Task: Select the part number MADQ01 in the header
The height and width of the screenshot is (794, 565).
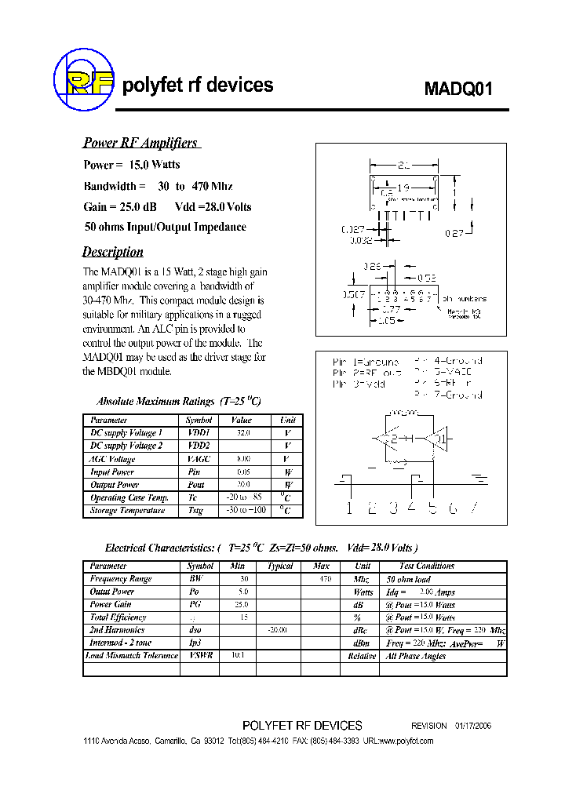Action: tap(458, 88)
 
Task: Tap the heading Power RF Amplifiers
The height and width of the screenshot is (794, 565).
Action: tap(140, 143)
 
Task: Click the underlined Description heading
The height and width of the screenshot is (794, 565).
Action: tap(113, 252)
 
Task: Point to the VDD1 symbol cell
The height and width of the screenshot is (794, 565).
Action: tap(199, 433)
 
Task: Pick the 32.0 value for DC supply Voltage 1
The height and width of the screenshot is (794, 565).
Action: tap(243, 433)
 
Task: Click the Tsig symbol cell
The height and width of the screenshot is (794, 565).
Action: tap(195, 511)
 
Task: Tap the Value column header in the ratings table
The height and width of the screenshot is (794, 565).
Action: tap(242, 421)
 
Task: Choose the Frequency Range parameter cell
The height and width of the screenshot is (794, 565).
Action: tap(121, 579)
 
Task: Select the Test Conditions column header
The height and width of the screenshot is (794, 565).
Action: tap(427, 566)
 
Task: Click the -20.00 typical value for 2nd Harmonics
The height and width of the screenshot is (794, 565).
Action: tap(277, 630)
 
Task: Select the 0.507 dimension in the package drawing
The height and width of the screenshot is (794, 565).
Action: tap(353, 294)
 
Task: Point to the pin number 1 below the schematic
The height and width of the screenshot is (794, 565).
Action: tap(349, 508)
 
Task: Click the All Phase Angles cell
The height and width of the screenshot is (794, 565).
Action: tap(416, 656)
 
